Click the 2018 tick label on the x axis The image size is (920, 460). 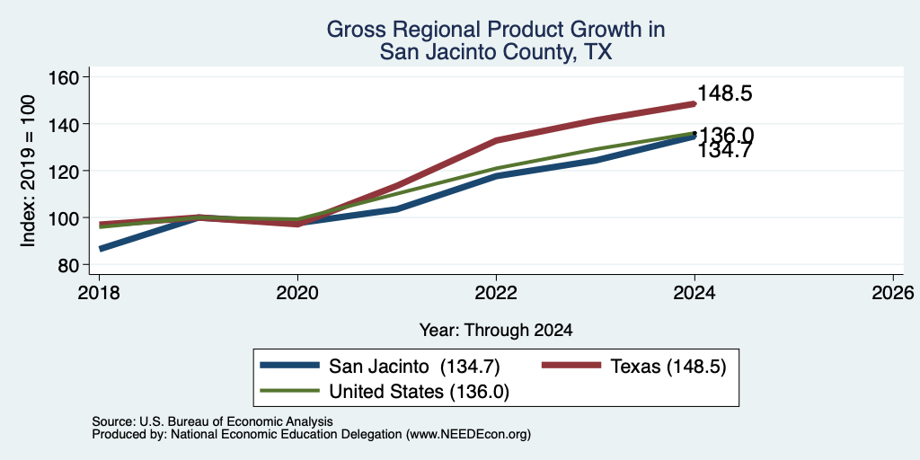99,293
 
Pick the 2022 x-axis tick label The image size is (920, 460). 496,293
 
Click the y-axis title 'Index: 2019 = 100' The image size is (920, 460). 29,171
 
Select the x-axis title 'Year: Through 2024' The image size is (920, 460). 496,331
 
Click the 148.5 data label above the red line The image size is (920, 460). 725,93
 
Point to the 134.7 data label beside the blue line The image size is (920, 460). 725,151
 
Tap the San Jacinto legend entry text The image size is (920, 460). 414,367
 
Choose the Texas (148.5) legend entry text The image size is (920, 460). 668,367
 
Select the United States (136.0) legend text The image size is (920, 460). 419,392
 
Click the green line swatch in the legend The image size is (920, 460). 290,390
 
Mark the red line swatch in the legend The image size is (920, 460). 571,366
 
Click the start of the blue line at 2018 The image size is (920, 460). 101,249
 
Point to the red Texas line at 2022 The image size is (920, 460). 496,140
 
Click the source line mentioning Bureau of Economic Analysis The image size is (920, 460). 212,421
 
